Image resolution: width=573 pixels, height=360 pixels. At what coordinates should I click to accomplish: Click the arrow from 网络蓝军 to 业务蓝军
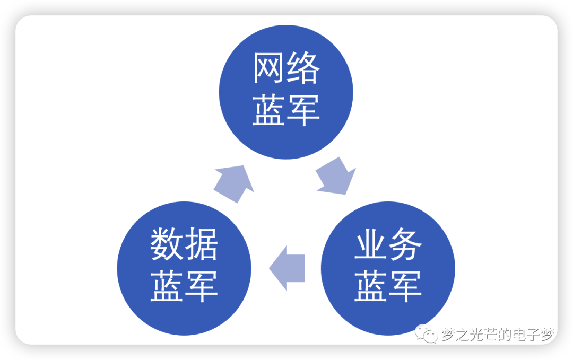tap(336, 174)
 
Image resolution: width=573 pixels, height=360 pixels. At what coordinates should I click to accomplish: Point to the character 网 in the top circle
tap(270, 68)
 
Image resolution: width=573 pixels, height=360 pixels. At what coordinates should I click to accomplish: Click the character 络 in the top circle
tap(303, 68)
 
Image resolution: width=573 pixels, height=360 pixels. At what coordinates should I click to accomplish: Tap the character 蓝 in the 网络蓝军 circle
tap(270, 110)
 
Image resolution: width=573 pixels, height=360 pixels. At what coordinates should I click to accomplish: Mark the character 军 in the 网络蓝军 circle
tap(303, 110)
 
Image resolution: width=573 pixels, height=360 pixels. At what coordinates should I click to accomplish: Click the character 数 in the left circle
tap(167, 244)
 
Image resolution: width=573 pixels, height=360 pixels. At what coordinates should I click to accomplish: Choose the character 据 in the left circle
tap(201, 244)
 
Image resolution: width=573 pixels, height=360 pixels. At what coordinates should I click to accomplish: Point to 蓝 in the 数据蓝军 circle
tap(167, 286)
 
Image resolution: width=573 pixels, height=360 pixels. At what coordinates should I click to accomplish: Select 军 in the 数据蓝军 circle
tap(201, 286)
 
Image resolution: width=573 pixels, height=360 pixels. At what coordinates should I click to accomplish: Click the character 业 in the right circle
tap(371, 244)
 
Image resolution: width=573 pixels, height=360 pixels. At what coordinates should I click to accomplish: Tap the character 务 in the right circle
tap(405, 244)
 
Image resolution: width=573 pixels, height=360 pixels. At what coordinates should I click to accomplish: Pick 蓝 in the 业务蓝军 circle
tap(371, 286)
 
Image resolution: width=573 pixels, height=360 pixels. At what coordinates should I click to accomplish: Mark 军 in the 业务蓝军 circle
tap(405, 286)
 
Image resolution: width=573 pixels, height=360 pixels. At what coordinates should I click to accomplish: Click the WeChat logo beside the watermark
tap(427, 334)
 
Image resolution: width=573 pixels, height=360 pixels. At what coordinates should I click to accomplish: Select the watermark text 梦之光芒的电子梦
tap(498, 335)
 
